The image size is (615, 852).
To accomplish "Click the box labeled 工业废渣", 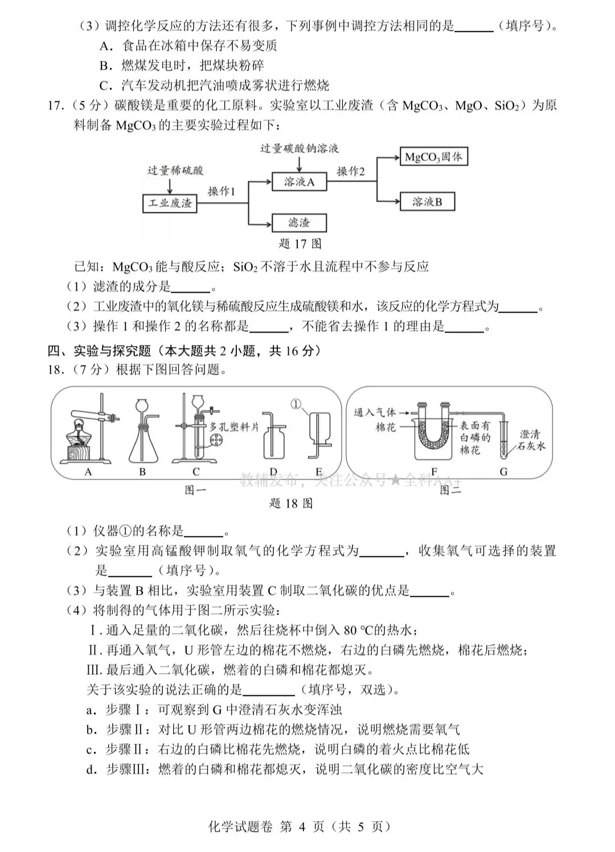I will tap(170, 203).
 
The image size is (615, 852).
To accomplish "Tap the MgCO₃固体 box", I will tap(433, 157).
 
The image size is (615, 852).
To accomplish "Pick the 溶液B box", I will tap(427, 202).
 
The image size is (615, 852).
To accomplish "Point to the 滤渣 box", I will tap(299, 223).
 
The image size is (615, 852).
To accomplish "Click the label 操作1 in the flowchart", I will tap(222, 192).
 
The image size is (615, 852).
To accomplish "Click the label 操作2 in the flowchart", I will tap(350, 171).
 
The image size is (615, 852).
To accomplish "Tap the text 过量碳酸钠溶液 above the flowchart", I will tap(299, 148).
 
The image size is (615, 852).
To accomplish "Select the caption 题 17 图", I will tap(300, 244).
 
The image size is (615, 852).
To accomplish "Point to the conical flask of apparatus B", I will tap(142, 444).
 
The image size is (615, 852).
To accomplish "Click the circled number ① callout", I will tap(295, 403).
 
